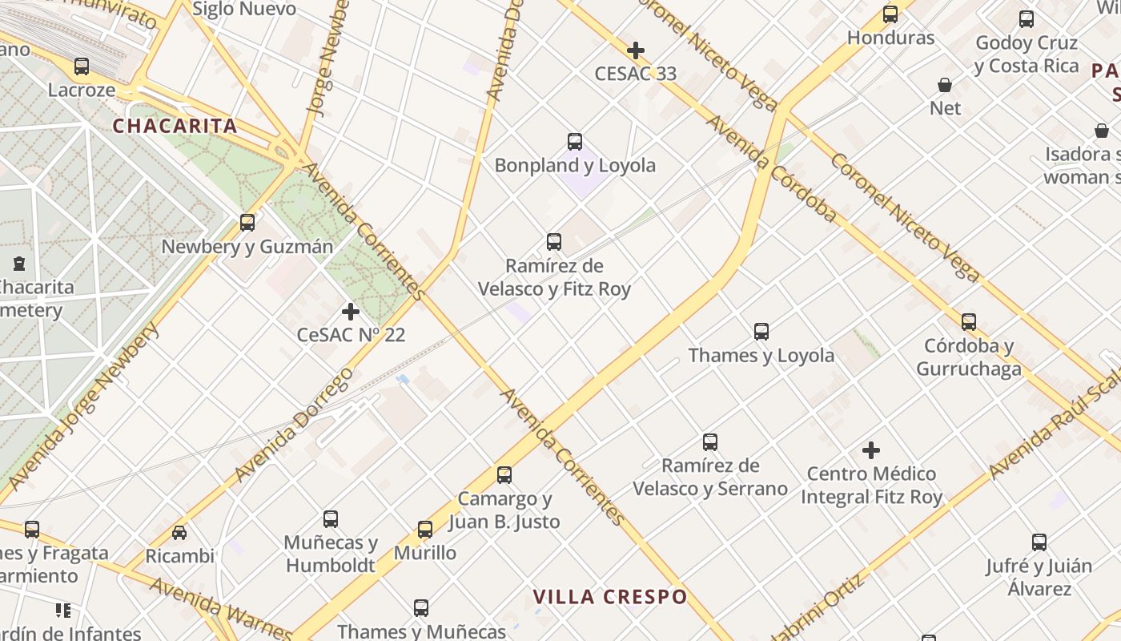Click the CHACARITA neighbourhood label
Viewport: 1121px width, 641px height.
pyautogui.click(x=175, y=126)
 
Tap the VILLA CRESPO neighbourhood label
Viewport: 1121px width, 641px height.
pyautogui.click(x=610, y=597)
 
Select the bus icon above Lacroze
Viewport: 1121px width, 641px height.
pyautogui.click(x=82, y=67)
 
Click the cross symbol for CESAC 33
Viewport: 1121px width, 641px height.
pyautogui.click(x=636, y=51)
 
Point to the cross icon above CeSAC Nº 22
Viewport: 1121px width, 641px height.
pyautogui.click(x=351, y=312)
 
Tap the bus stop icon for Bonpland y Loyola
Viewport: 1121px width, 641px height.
pyautogui.click(x=575, y=142)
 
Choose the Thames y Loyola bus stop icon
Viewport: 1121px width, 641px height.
pyautogui.click(x=761, y=332)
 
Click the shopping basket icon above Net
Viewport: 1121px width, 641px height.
pyautogui.click(x=945, y=85)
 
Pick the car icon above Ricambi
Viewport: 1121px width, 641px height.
pyautogui.click(x=179, y=533)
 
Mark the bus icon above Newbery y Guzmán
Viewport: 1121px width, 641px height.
pyautogui.click(x=247, y=223)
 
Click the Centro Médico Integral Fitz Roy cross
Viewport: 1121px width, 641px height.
pyautogui.click(x=871, y=451)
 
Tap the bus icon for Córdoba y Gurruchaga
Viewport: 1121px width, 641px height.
pyautogui.click(x=969, y=322)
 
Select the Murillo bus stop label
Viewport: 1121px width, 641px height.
pyautogui.click(x=425, y=553)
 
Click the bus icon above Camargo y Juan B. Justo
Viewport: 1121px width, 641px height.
pyautogui.click(x=504, y=475)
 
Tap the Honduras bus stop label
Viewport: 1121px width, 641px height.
pyautogui.click(x=890, y=38)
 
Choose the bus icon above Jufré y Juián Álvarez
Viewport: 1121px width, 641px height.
pyautogui.click(x=1039, y=542)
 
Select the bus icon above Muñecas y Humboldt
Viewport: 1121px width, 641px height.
pyautogui.click(x=331, y=519)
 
